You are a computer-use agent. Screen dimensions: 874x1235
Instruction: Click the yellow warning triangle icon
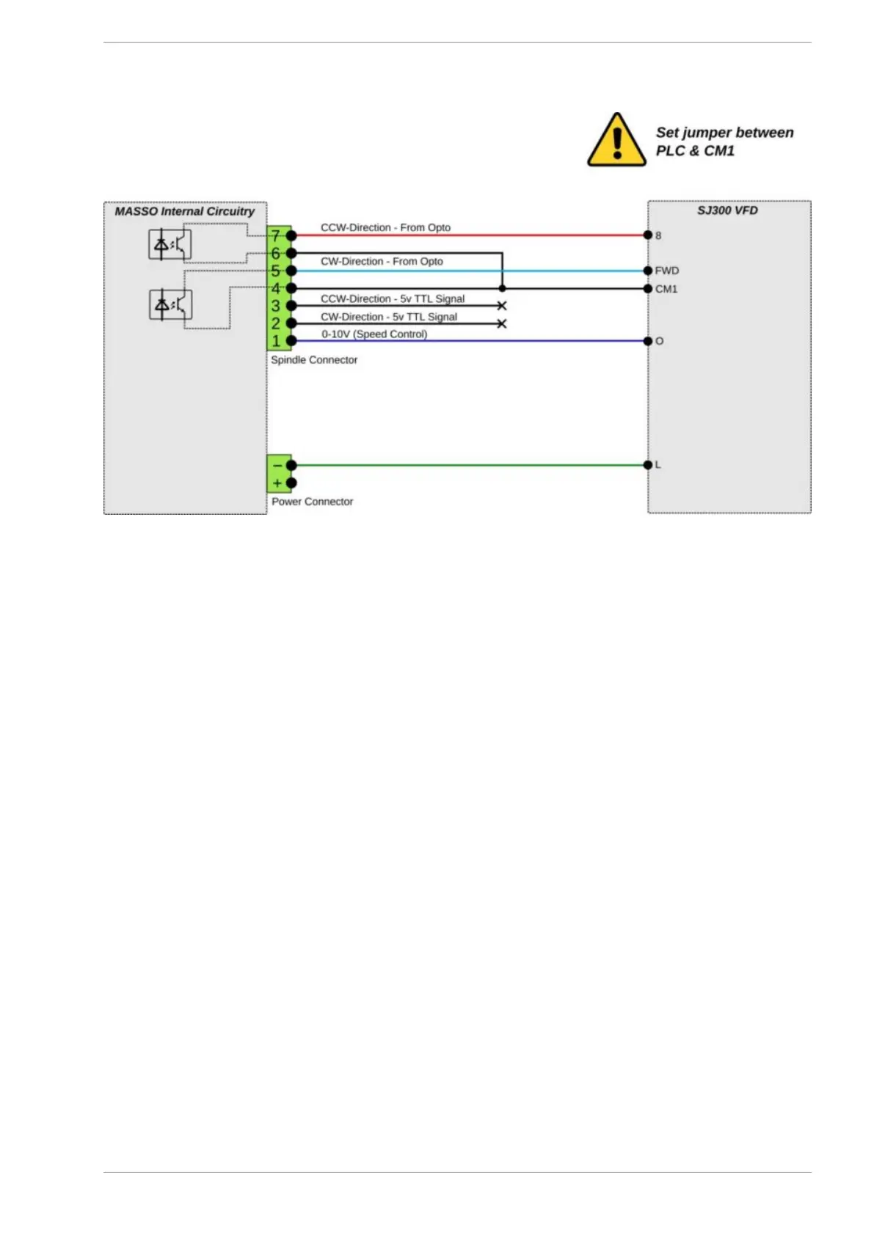[616, 140]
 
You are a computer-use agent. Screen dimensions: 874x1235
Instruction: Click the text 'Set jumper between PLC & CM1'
[724, 142]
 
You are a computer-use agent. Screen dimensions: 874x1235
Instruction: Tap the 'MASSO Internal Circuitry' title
[184, 211]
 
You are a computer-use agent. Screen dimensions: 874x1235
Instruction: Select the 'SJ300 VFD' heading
[726, 210]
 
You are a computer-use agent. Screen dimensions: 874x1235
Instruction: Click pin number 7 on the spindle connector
[276, 235]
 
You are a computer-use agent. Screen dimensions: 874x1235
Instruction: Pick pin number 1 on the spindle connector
[276, 341]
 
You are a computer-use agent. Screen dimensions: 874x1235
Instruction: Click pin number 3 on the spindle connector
[276, 306]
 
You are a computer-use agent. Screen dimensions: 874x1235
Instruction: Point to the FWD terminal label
[666, 271]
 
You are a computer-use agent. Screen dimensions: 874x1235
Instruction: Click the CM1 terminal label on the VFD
[666, 289]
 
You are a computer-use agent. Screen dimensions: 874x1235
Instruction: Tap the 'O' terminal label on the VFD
[659, 341]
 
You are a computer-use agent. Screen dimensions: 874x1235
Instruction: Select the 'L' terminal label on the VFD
[658, 465]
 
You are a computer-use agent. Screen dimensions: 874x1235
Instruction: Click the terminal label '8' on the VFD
[658, 235]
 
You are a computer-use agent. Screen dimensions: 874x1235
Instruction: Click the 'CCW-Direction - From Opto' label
[385, 227]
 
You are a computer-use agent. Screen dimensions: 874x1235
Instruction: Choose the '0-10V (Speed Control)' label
[374, 334]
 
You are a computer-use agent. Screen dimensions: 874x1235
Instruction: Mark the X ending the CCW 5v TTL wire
[502, 306]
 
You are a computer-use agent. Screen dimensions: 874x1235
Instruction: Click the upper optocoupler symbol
[170, 245]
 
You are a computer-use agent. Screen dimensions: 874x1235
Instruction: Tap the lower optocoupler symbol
[170, 304]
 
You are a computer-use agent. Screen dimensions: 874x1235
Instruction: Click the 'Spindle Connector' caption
[314, 360]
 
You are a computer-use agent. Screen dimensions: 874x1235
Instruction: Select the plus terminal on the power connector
[277, 483]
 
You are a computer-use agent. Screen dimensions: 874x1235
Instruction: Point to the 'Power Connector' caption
[312, 502]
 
